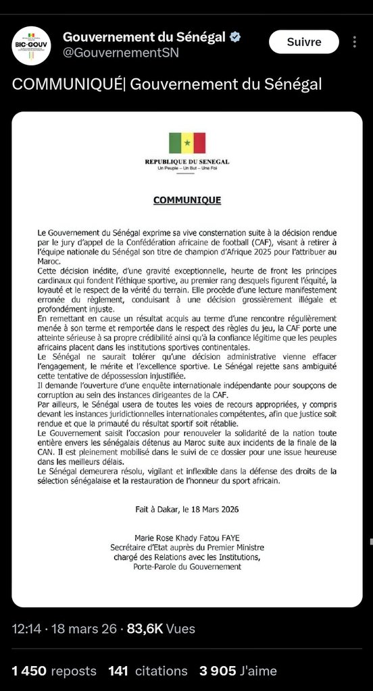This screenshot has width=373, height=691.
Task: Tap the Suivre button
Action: coord(303,42)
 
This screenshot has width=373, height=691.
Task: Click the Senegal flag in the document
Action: coord(187,143)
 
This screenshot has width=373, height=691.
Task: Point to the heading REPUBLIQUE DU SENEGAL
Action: coord(187,162)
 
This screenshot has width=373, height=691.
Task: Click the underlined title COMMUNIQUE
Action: coord(187,200)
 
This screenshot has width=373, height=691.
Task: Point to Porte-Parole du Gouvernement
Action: coord(187,567)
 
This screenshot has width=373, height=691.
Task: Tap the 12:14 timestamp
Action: coord(26,629)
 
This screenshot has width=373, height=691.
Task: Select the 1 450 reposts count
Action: coord(54,671)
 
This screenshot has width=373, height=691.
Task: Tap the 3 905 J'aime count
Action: coord(238,671)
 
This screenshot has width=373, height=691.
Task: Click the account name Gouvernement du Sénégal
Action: coord(144,37)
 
